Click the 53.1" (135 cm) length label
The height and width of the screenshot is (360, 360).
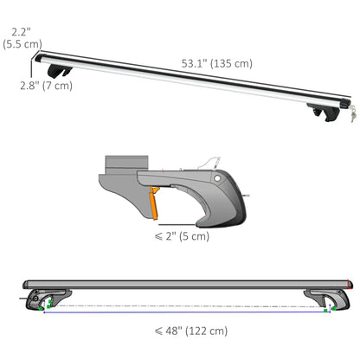click(x=216, y=63)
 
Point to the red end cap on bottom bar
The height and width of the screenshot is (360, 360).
click(x=348, y=285)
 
